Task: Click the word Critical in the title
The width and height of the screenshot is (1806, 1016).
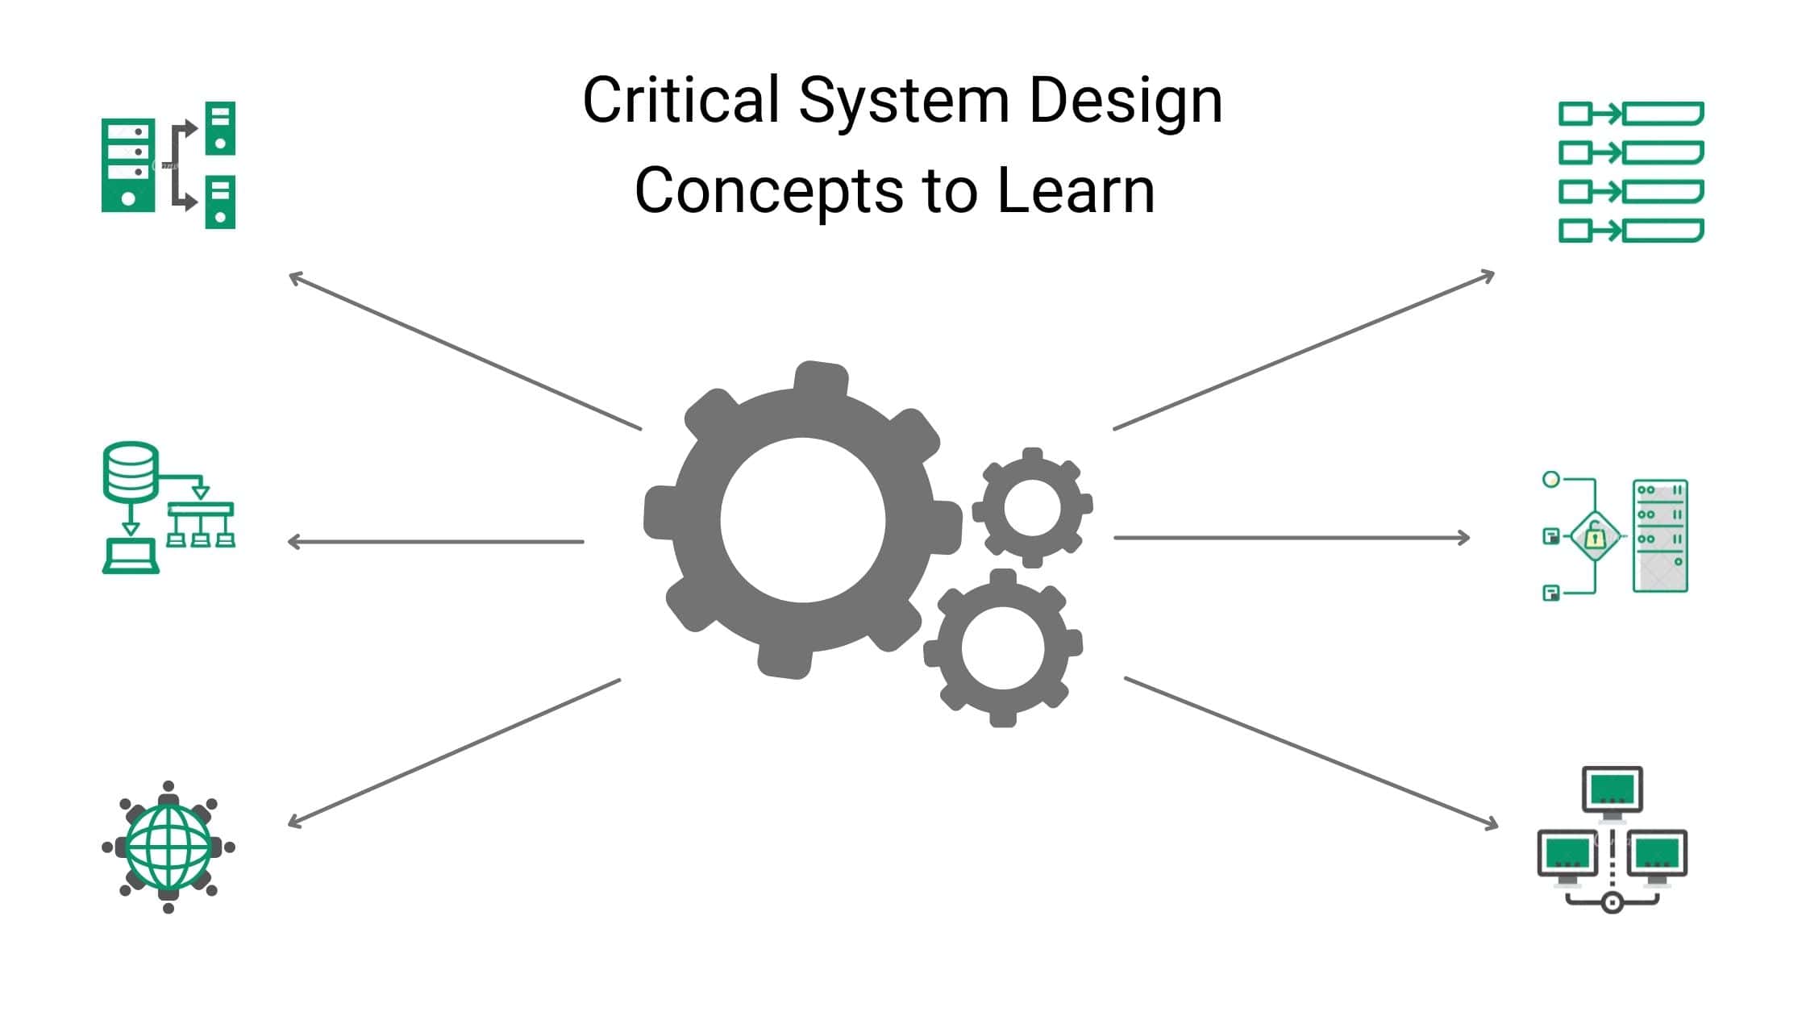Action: [680, 101]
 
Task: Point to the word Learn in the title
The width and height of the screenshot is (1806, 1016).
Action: [1076, 190]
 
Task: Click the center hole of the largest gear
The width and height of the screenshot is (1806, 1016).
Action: [802, 520]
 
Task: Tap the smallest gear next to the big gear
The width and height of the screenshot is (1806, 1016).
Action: [1032, 507]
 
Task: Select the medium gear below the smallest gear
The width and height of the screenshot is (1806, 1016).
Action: [1002, 647]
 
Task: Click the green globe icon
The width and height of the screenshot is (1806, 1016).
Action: [169, 846]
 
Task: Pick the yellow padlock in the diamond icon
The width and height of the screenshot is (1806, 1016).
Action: [1595, 536]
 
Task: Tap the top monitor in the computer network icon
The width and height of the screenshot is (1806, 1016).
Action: [1612, 789]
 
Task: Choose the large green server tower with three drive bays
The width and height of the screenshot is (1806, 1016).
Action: [127, 165]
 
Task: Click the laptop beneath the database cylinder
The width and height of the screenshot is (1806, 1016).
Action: [131, 556]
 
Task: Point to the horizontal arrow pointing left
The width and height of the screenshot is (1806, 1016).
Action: [435, 542]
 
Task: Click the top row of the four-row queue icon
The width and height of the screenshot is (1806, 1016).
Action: [1630, 114]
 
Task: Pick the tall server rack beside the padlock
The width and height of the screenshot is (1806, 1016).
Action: [1660, 536]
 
